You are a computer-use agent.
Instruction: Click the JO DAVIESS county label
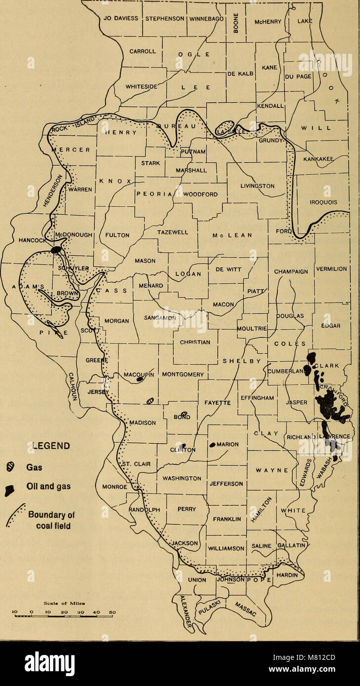click(x=121, y=19)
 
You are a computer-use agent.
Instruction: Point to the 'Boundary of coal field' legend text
click(x=51, y=520)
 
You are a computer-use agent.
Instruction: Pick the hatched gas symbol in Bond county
click(x=184, y=414)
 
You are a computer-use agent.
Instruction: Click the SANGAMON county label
click(x=160, y=318)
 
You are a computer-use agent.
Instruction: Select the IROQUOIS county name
click(x=323, y=202)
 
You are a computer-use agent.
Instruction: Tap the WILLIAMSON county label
click(x=226, y=548)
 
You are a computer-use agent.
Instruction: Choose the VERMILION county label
click(x=331, y=269)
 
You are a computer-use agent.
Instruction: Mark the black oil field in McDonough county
click(x=57, y=250)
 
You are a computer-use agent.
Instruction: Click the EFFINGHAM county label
click(x=257, y=397)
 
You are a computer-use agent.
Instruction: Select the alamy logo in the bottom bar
click(x=49, y=663)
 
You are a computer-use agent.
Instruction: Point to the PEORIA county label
click(x=153, y=194)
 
